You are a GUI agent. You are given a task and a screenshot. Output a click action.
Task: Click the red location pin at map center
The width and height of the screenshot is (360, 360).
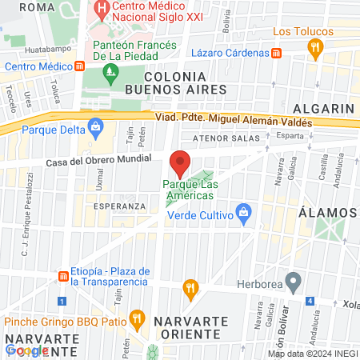180,163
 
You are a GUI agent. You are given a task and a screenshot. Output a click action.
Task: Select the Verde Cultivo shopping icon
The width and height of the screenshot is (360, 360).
244,214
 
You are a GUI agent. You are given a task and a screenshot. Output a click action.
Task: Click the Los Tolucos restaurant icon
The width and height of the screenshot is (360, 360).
316,48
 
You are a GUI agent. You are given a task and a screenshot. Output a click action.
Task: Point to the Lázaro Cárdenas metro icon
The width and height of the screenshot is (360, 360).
276,53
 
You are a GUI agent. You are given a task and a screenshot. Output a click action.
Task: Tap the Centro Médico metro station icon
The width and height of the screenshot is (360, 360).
79,66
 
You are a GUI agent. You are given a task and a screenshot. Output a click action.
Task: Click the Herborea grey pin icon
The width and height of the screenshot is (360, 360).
294,282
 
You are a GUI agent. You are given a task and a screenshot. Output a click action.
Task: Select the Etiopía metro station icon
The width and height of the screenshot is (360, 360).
62,276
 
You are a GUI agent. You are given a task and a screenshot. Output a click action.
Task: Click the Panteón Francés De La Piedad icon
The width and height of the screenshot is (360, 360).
110,74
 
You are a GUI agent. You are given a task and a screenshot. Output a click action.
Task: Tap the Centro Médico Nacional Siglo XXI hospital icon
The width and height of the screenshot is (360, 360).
102,10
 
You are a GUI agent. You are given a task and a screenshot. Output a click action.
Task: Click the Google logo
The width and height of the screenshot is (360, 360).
26,350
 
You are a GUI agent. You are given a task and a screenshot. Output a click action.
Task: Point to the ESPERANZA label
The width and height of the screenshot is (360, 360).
119,206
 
